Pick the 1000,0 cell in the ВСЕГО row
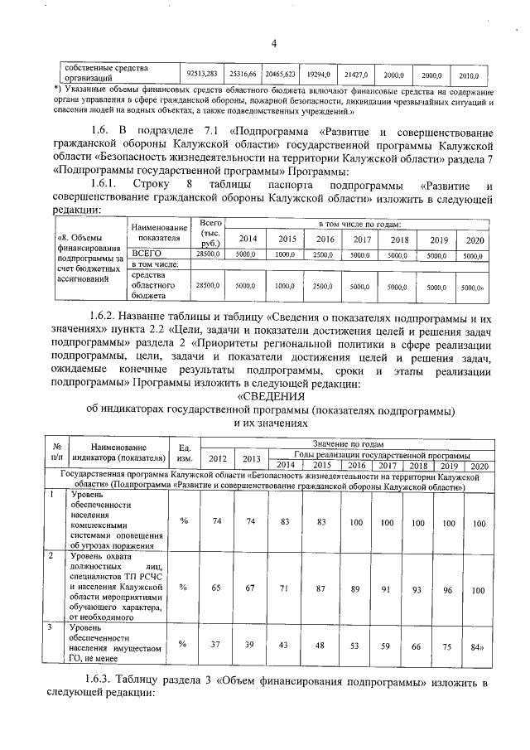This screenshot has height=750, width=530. [286, 256]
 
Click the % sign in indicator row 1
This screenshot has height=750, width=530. [183, 520]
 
